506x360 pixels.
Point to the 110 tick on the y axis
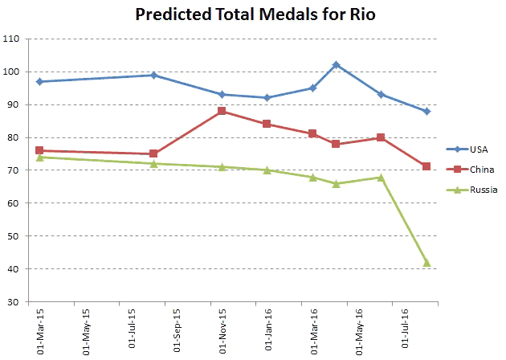point(14,39)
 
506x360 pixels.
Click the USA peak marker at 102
point(336,65)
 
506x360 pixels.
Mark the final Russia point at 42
point(426,263)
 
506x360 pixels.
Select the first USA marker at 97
point(39,81)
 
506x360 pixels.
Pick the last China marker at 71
point(426,166)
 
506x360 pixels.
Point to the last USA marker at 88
point(426,111)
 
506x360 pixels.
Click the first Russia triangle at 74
point(39,157)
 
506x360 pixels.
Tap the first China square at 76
point(39,150)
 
